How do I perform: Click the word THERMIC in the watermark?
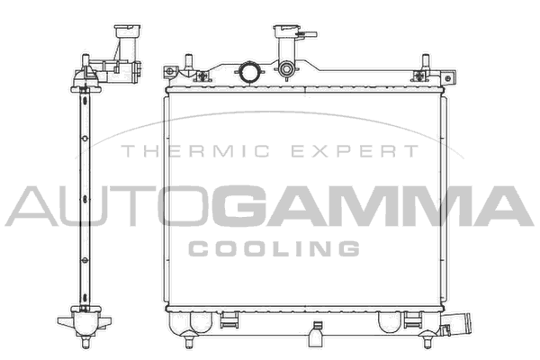[195, 151]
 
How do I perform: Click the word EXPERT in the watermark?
[355, 151]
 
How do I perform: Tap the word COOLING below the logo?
[274, 248]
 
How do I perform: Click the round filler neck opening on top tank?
[249, 71]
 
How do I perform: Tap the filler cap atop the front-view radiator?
[287, 31]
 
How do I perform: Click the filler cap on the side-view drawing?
[128, 31]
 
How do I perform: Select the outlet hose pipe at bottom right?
[458, 324]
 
